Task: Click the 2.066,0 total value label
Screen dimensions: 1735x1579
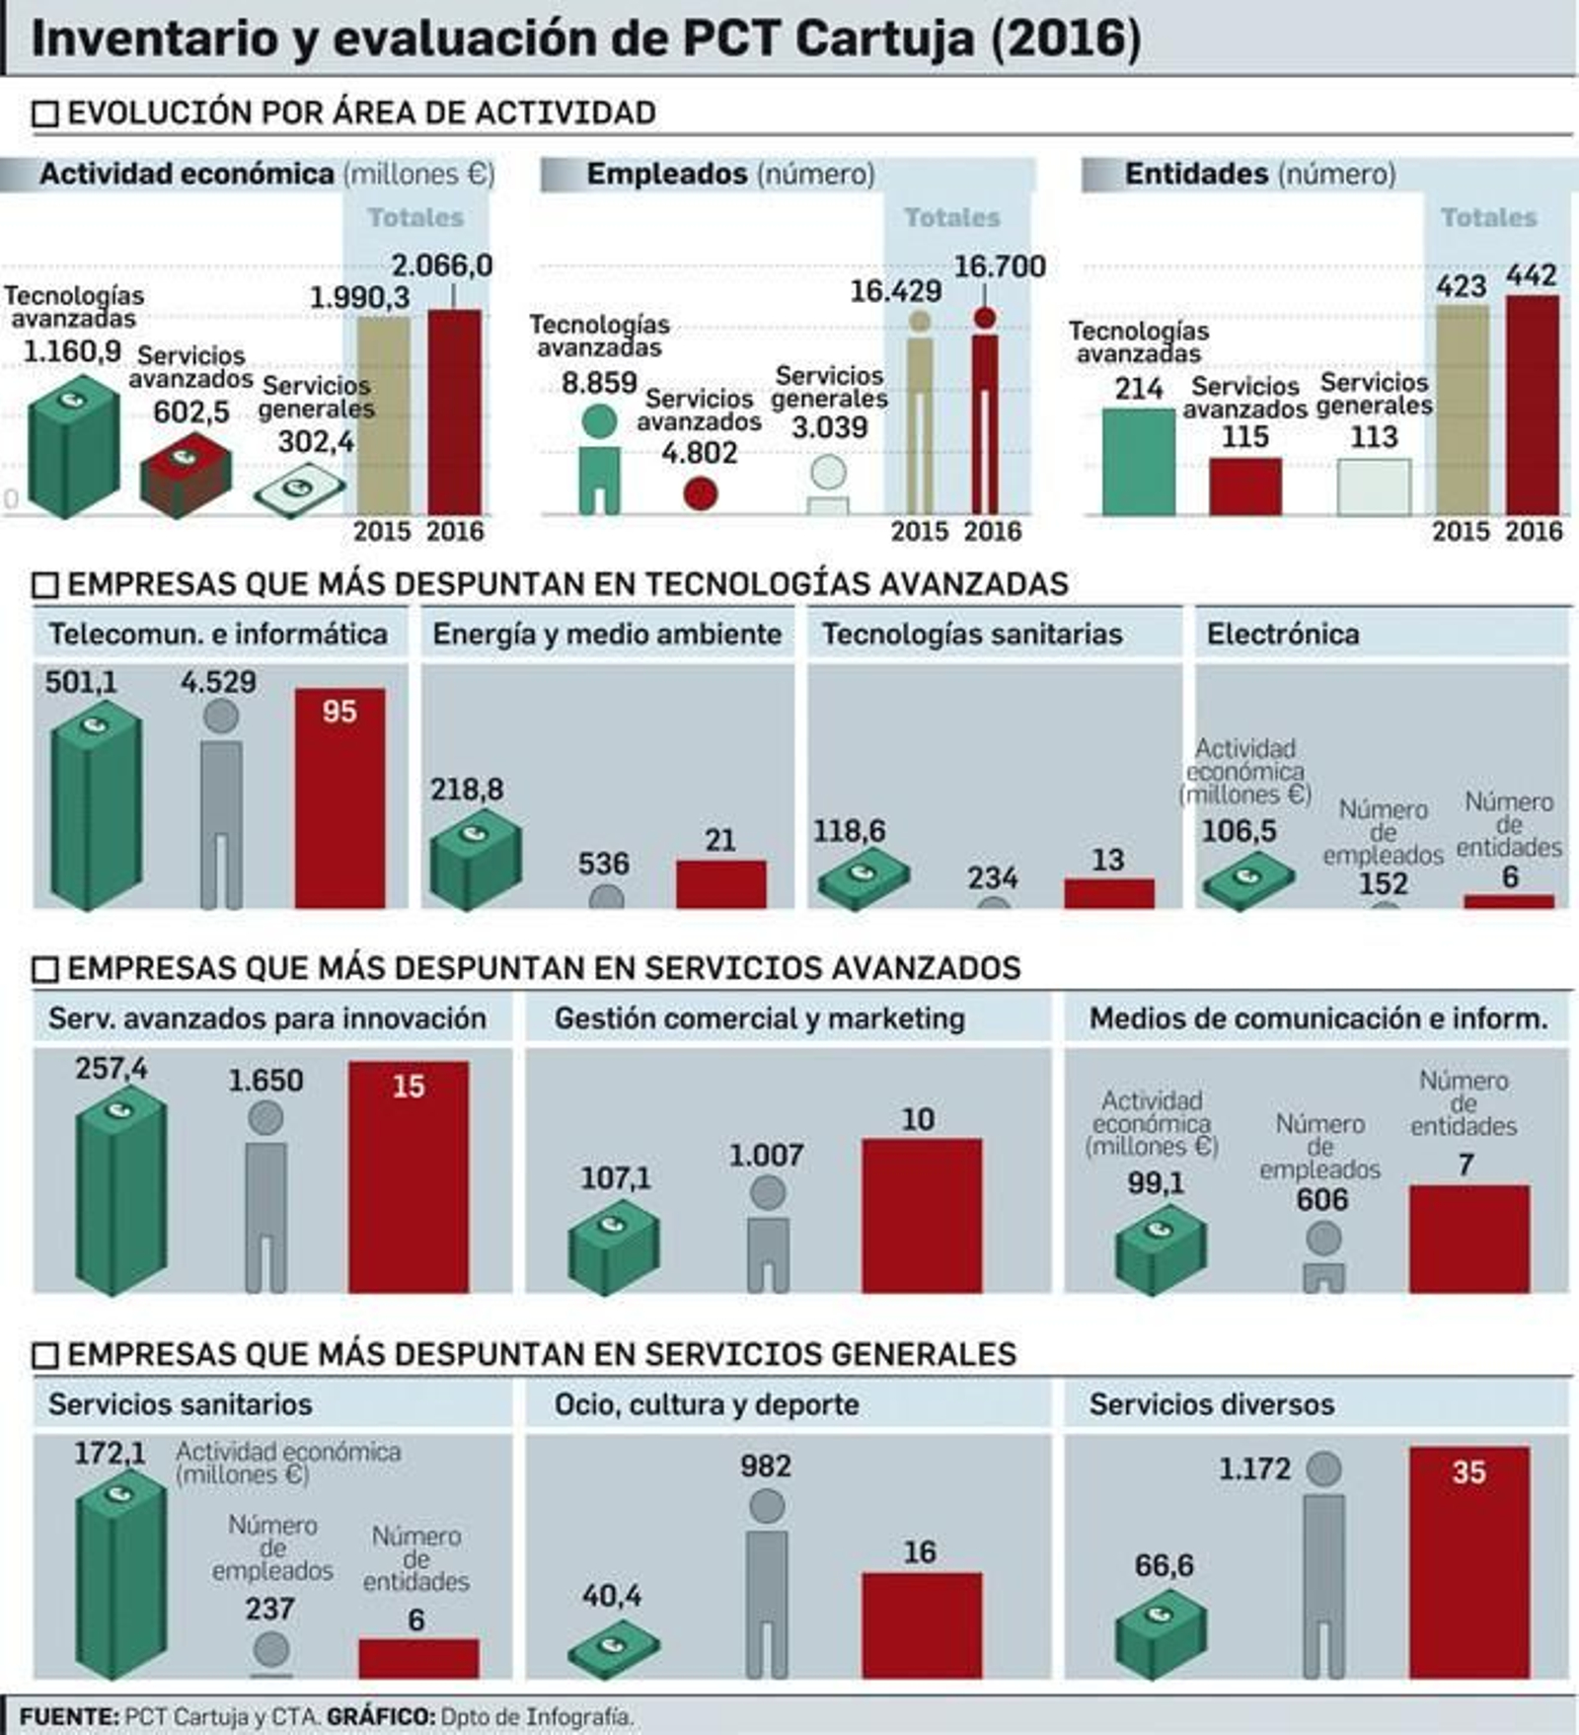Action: [441, 265]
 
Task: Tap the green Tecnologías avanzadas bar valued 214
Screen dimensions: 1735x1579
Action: [1138, 462]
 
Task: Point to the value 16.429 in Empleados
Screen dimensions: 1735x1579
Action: [895, 291]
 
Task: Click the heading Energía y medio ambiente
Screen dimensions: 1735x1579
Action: [607, 634]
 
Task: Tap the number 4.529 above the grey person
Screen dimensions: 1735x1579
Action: [218, 682]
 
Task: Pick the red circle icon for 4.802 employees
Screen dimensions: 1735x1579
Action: [700, 493]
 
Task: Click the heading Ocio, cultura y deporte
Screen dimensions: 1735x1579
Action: [706, 1403]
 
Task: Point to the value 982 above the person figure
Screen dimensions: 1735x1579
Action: [766, 1466]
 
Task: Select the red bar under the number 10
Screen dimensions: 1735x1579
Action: [921, 1215]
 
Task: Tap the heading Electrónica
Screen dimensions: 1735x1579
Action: [1282, 634]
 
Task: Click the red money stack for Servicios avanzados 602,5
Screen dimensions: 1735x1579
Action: [186, 475]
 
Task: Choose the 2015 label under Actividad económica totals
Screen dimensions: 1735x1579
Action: [382, 531]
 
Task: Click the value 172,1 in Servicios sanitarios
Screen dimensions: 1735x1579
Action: [110, 1453]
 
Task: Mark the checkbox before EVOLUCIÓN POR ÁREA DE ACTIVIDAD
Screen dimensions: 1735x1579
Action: [45, 113]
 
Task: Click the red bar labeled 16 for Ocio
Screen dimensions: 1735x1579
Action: [921, 1623]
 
